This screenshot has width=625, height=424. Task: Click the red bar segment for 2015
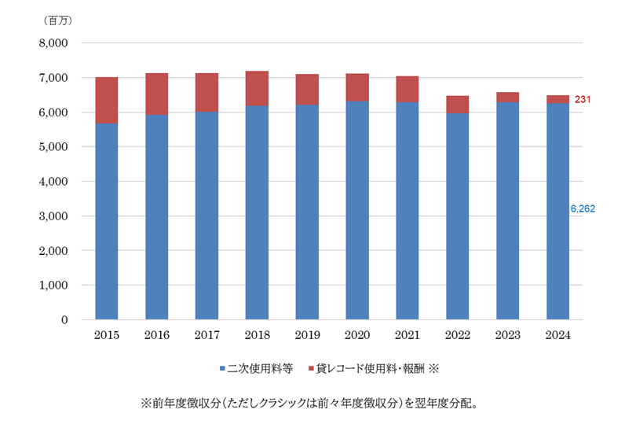pyautogui.click(x=106, y=100)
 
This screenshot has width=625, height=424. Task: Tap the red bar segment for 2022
pyautogui.click(x=457, y=104)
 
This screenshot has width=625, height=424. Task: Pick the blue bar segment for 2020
pyautogui.click(x=357, y=210)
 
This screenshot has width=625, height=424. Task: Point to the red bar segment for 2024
pyautogui.click(x=557, y=99)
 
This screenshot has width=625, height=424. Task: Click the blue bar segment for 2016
pyautogui.click(x=156, y=217)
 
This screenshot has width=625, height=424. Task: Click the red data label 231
pyautogui.click(x=583, y=100)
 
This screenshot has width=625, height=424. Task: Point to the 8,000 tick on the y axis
pyautogui.click(x=52, y=43)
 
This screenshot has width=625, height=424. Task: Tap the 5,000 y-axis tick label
pyautogui.click(x=52, y=147)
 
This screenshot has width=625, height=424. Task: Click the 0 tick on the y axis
pyautogui.click(x=65, y=320)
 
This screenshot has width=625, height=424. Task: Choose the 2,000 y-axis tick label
pyautogui.click(x=52, y=251)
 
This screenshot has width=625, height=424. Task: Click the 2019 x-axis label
pyautogui.click(x=307, y=334)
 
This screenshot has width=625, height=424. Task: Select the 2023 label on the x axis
pyautogui.click(x=507, y=334)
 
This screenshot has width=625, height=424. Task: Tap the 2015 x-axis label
pyautogui.click(x=106, y=334)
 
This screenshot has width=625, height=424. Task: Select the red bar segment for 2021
pyautogui.click(x=407, y=89)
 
